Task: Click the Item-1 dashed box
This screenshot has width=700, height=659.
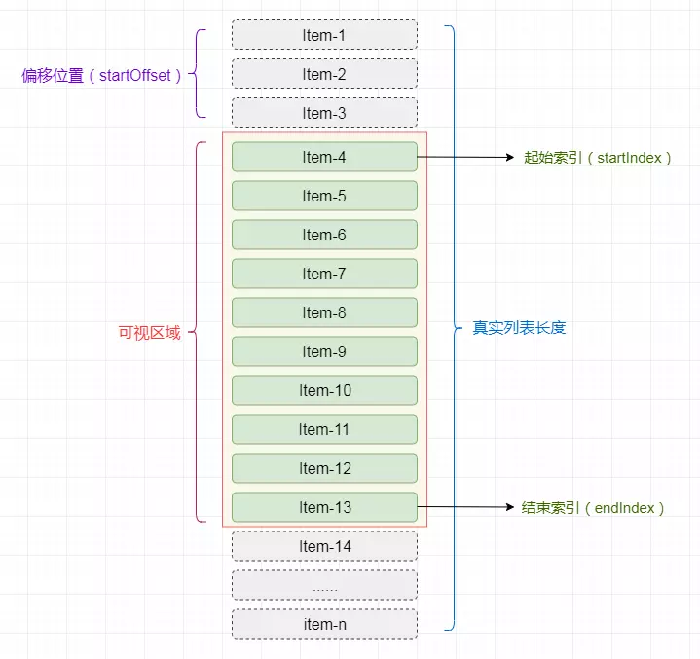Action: [324, 35]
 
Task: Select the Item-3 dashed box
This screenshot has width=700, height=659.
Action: [324, 113]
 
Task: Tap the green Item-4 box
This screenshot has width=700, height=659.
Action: [324, 157]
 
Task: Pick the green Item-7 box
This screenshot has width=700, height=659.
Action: [324, 274]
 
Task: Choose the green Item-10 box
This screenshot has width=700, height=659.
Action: [324, 390]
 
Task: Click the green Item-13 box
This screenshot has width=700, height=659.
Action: [324, 507]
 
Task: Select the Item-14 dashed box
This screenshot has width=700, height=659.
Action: [324, 546]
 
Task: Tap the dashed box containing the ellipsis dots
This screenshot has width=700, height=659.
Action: [324, 585]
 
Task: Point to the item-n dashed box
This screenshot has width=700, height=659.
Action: [324, 624]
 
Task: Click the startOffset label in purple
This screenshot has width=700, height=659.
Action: [101, 76]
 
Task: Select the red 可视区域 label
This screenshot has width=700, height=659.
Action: [150, 333]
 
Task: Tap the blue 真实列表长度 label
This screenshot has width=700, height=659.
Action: [519, 328]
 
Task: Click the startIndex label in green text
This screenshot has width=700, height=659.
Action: [598, 158]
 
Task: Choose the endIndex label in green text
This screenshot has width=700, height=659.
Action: [593, 508]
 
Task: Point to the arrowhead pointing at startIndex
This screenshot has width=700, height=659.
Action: [510, 157]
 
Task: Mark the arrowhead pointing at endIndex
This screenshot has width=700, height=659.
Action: [510, 507]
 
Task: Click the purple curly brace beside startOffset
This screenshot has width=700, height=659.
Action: [197, 73]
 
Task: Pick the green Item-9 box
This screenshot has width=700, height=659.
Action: [324, 351]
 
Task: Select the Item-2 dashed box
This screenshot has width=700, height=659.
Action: [324, 74]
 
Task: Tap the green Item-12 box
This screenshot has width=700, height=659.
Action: [324, 468]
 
